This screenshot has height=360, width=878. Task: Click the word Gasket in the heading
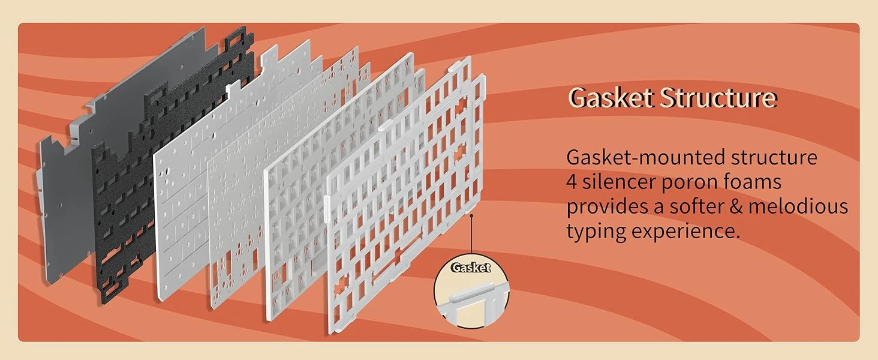pyautogui.click(x=611, y=97)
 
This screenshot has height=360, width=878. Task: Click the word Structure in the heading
pyautogui.click(x=718, y=97)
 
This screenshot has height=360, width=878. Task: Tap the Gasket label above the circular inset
pyautogui.click(x=470, y=268)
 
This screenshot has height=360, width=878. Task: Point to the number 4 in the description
pyautogui.click(x=572, y=182)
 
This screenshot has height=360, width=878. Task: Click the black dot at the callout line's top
pyautogui.click(x=472, y=215)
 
